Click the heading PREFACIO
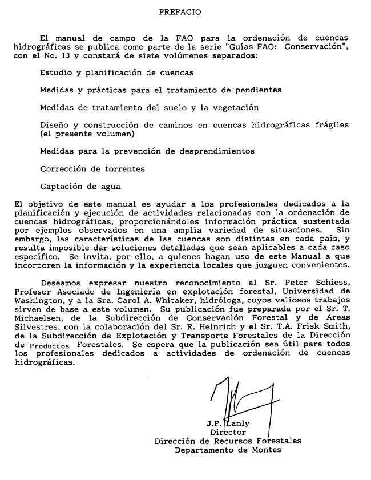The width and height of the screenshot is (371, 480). (x=180, y=11)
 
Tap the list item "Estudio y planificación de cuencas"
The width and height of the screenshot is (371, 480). (x=116, y=72)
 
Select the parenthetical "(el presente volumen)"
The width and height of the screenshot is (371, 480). (x=86, y=134)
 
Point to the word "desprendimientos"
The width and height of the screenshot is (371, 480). (x=217, y=151)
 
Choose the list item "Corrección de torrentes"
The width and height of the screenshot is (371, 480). (x=92, y=168)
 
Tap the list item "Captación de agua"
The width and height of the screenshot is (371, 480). (x=80, y=186)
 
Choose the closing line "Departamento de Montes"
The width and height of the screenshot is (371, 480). (x=228, y=450)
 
